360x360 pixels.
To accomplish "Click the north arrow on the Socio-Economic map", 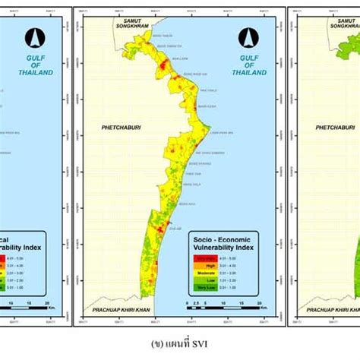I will [245, 36].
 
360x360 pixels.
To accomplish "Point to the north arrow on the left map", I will [30, 36].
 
